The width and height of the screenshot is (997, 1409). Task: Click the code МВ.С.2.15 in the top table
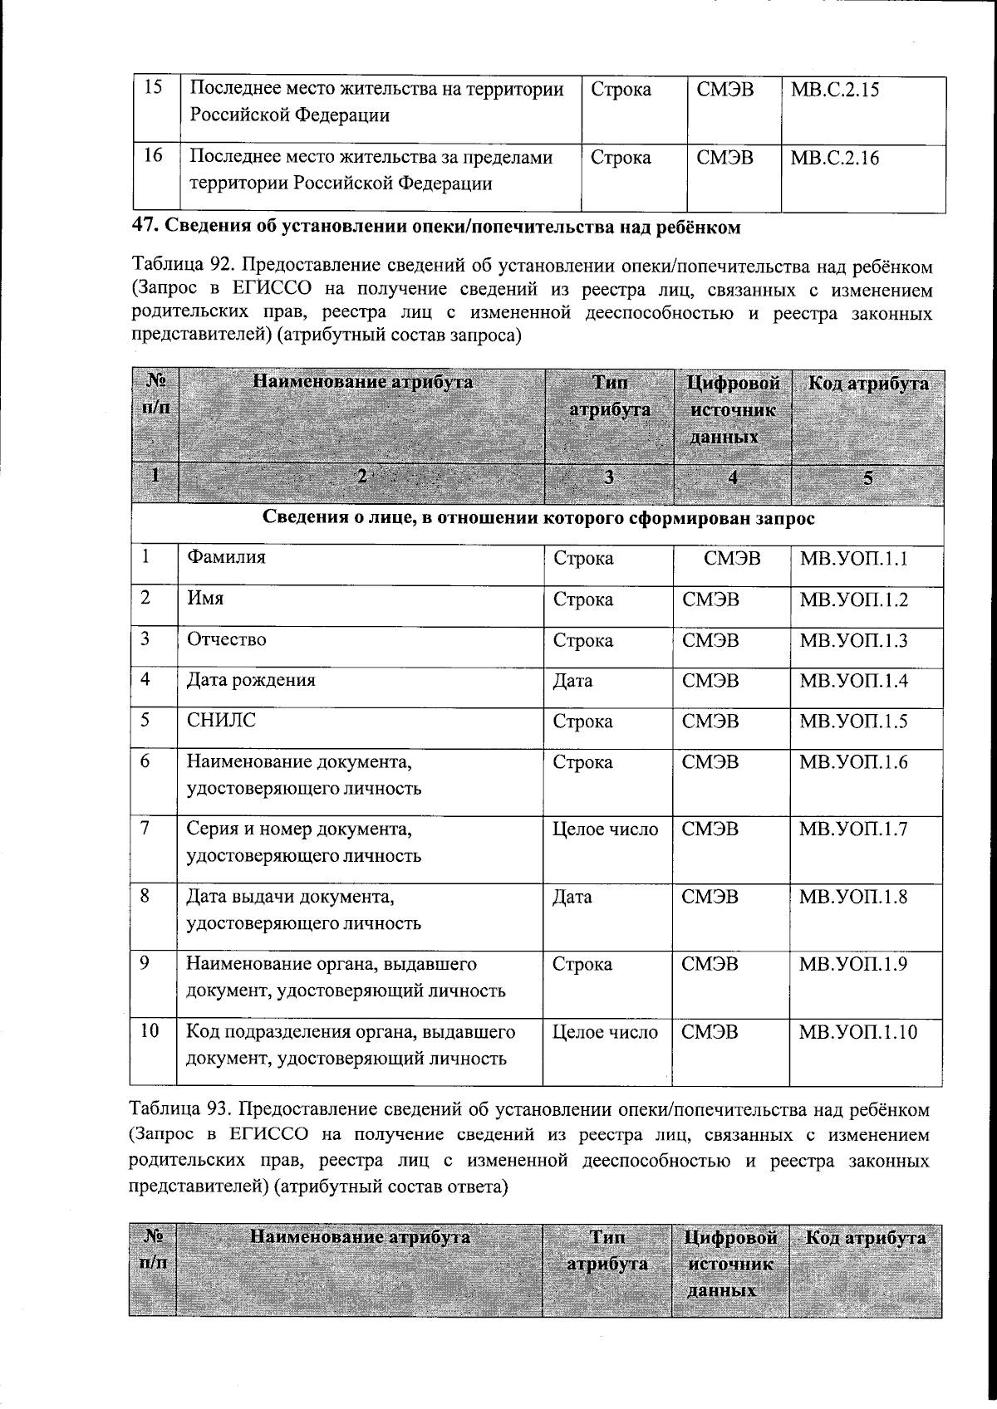click(834, 90)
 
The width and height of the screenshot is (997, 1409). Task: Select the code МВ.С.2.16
click(834, 158)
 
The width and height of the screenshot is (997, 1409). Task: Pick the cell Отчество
click(226, 639)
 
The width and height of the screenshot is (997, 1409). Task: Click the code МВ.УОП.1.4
click(852, 681)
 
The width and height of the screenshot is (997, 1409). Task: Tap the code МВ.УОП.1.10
click(857, 1032)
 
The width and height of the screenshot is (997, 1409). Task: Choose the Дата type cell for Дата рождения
click(572, 681)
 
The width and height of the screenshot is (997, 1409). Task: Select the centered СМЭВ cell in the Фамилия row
click(731, 558)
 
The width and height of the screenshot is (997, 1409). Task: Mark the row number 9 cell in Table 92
click(145, 964)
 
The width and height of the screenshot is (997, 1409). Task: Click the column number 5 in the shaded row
click(868, 477)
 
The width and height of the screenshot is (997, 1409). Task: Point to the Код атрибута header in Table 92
click(868, 384)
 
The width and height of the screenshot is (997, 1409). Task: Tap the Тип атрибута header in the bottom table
click(607, 1250)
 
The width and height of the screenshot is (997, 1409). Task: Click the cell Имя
click(204, 599)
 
